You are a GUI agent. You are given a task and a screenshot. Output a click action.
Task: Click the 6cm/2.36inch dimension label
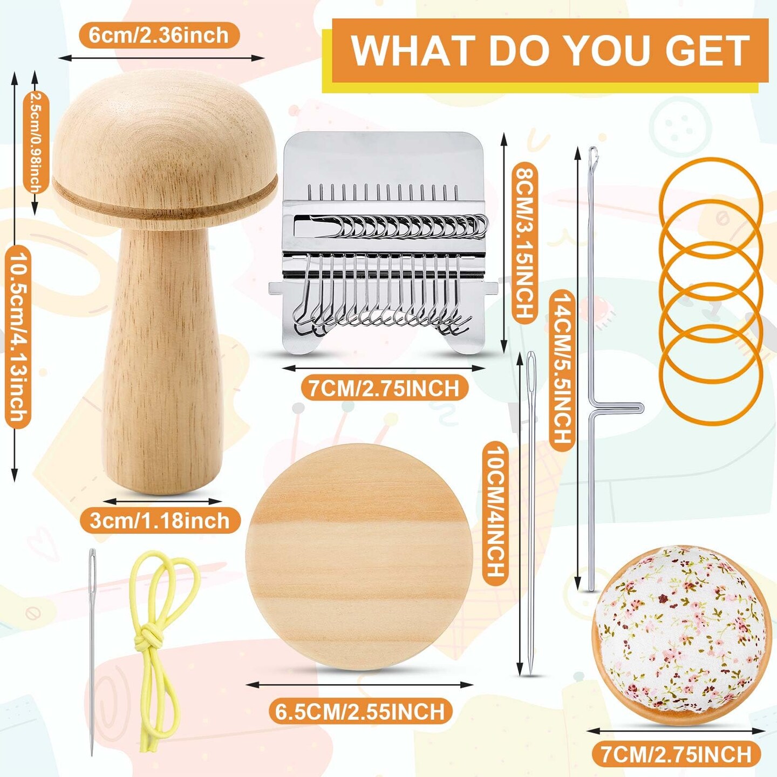point(159,36)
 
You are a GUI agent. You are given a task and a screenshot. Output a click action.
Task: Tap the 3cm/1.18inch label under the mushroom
point(160,521)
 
